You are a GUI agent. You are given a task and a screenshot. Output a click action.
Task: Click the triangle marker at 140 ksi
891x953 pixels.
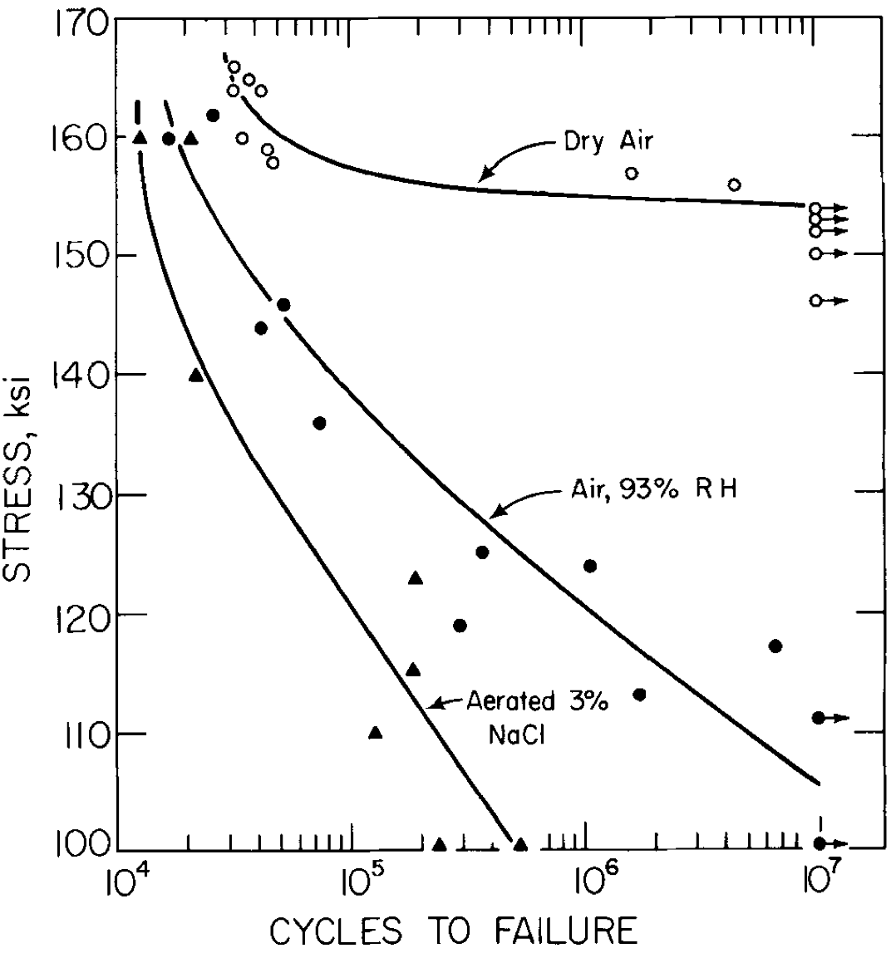(x=195, y=376)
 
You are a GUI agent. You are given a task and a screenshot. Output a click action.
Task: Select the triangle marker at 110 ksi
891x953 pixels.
(x=375, y=733)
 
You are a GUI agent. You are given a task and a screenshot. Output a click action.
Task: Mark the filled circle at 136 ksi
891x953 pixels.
(x=319, y=424)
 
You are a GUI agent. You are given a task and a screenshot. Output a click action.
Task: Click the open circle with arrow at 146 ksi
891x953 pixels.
(x=816, y=301)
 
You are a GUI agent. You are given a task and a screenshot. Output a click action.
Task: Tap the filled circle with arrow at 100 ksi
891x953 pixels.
(x=820, y=843)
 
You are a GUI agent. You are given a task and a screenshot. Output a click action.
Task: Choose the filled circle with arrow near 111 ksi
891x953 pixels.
(x=819, y=718)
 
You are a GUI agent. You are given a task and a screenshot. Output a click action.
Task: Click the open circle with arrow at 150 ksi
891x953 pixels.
(x=816, y=253)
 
